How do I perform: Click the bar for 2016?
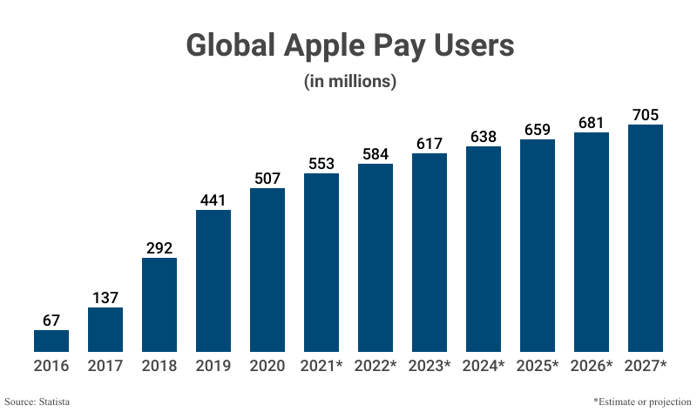point(51,341)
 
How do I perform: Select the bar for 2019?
point(213,280)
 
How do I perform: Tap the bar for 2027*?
point(646,238)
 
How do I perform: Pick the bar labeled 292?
point(159,305)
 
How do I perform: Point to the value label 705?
point(646,115)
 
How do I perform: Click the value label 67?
point(51,320)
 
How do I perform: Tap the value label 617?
point(430,144)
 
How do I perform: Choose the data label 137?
point(105,298)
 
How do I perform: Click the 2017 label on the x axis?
point(105,366)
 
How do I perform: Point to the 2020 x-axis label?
point(267,366)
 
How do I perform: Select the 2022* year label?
point(376,366)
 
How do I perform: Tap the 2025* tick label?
point(538,366)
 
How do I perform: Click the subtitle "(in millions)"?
point(349,82)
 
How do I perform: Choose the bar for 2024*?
point(484,249)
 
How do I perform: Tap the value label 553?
point(321,164)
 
